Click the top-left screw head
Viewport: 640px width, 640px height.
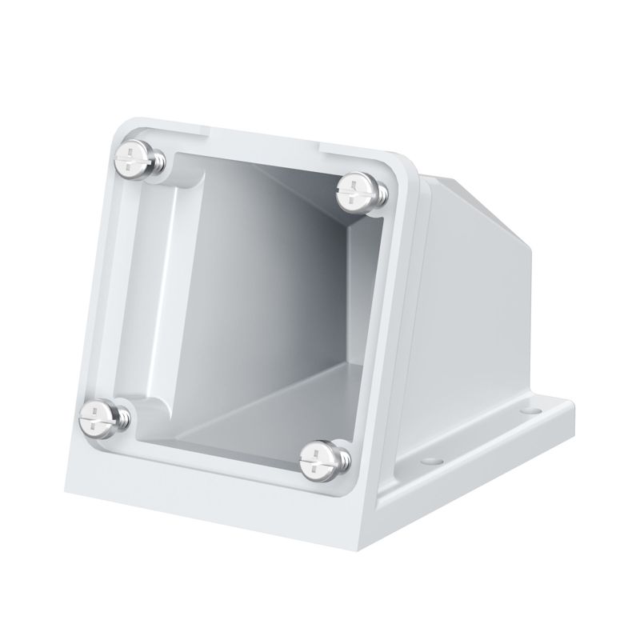coord(130,155)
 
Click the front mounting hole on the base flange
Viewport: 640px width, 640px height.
coord(433,461)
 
